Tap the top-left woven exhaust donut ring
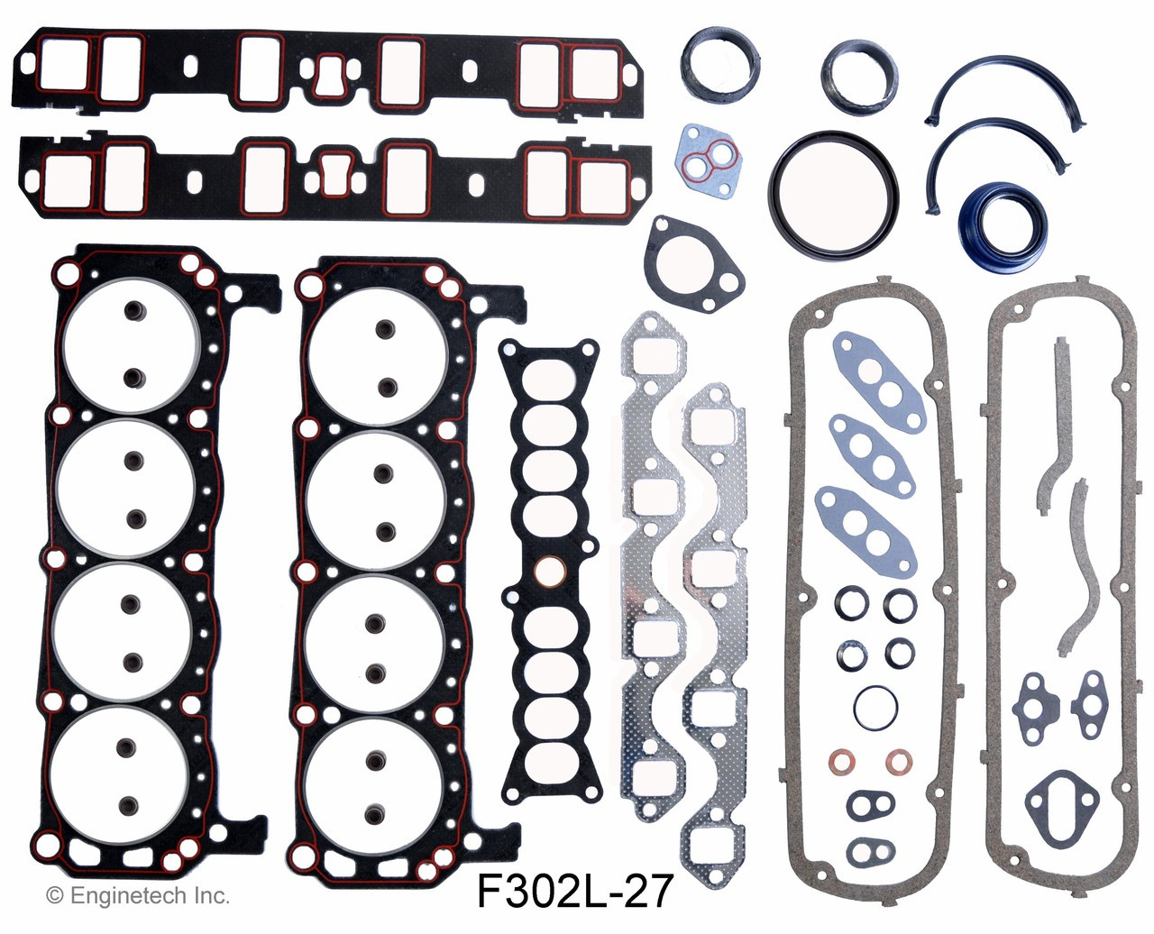(x=711, y=60)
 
